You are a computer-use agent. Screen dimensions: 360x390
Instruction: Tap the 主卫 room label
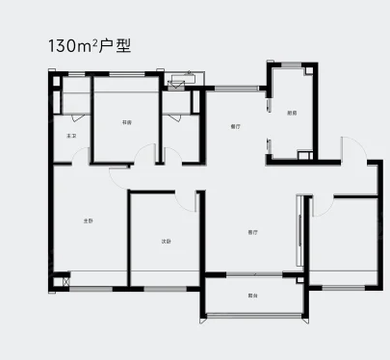(70, 137)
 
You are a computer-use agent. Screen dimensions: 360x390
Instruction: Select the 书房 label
(126, 123)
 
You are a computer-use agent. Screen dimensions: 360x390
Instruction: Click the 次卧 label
(166, 241)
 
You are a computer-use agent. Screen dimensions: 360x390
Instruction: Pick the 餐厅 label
(235, 126)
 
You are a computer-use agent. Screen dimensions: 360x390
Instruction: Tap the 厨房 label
(291, 113)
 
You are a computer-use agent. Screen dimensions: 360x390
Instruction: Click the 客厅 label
(252, 232)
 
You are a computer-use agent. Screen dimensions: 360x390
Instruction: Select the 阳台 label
(251, 295)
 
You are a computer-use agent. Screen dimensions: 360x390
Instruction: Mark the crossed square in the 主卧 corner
(65, 282)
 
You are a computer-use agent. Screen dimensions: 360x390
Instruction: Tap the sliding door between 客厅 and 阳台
(253, 275)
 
